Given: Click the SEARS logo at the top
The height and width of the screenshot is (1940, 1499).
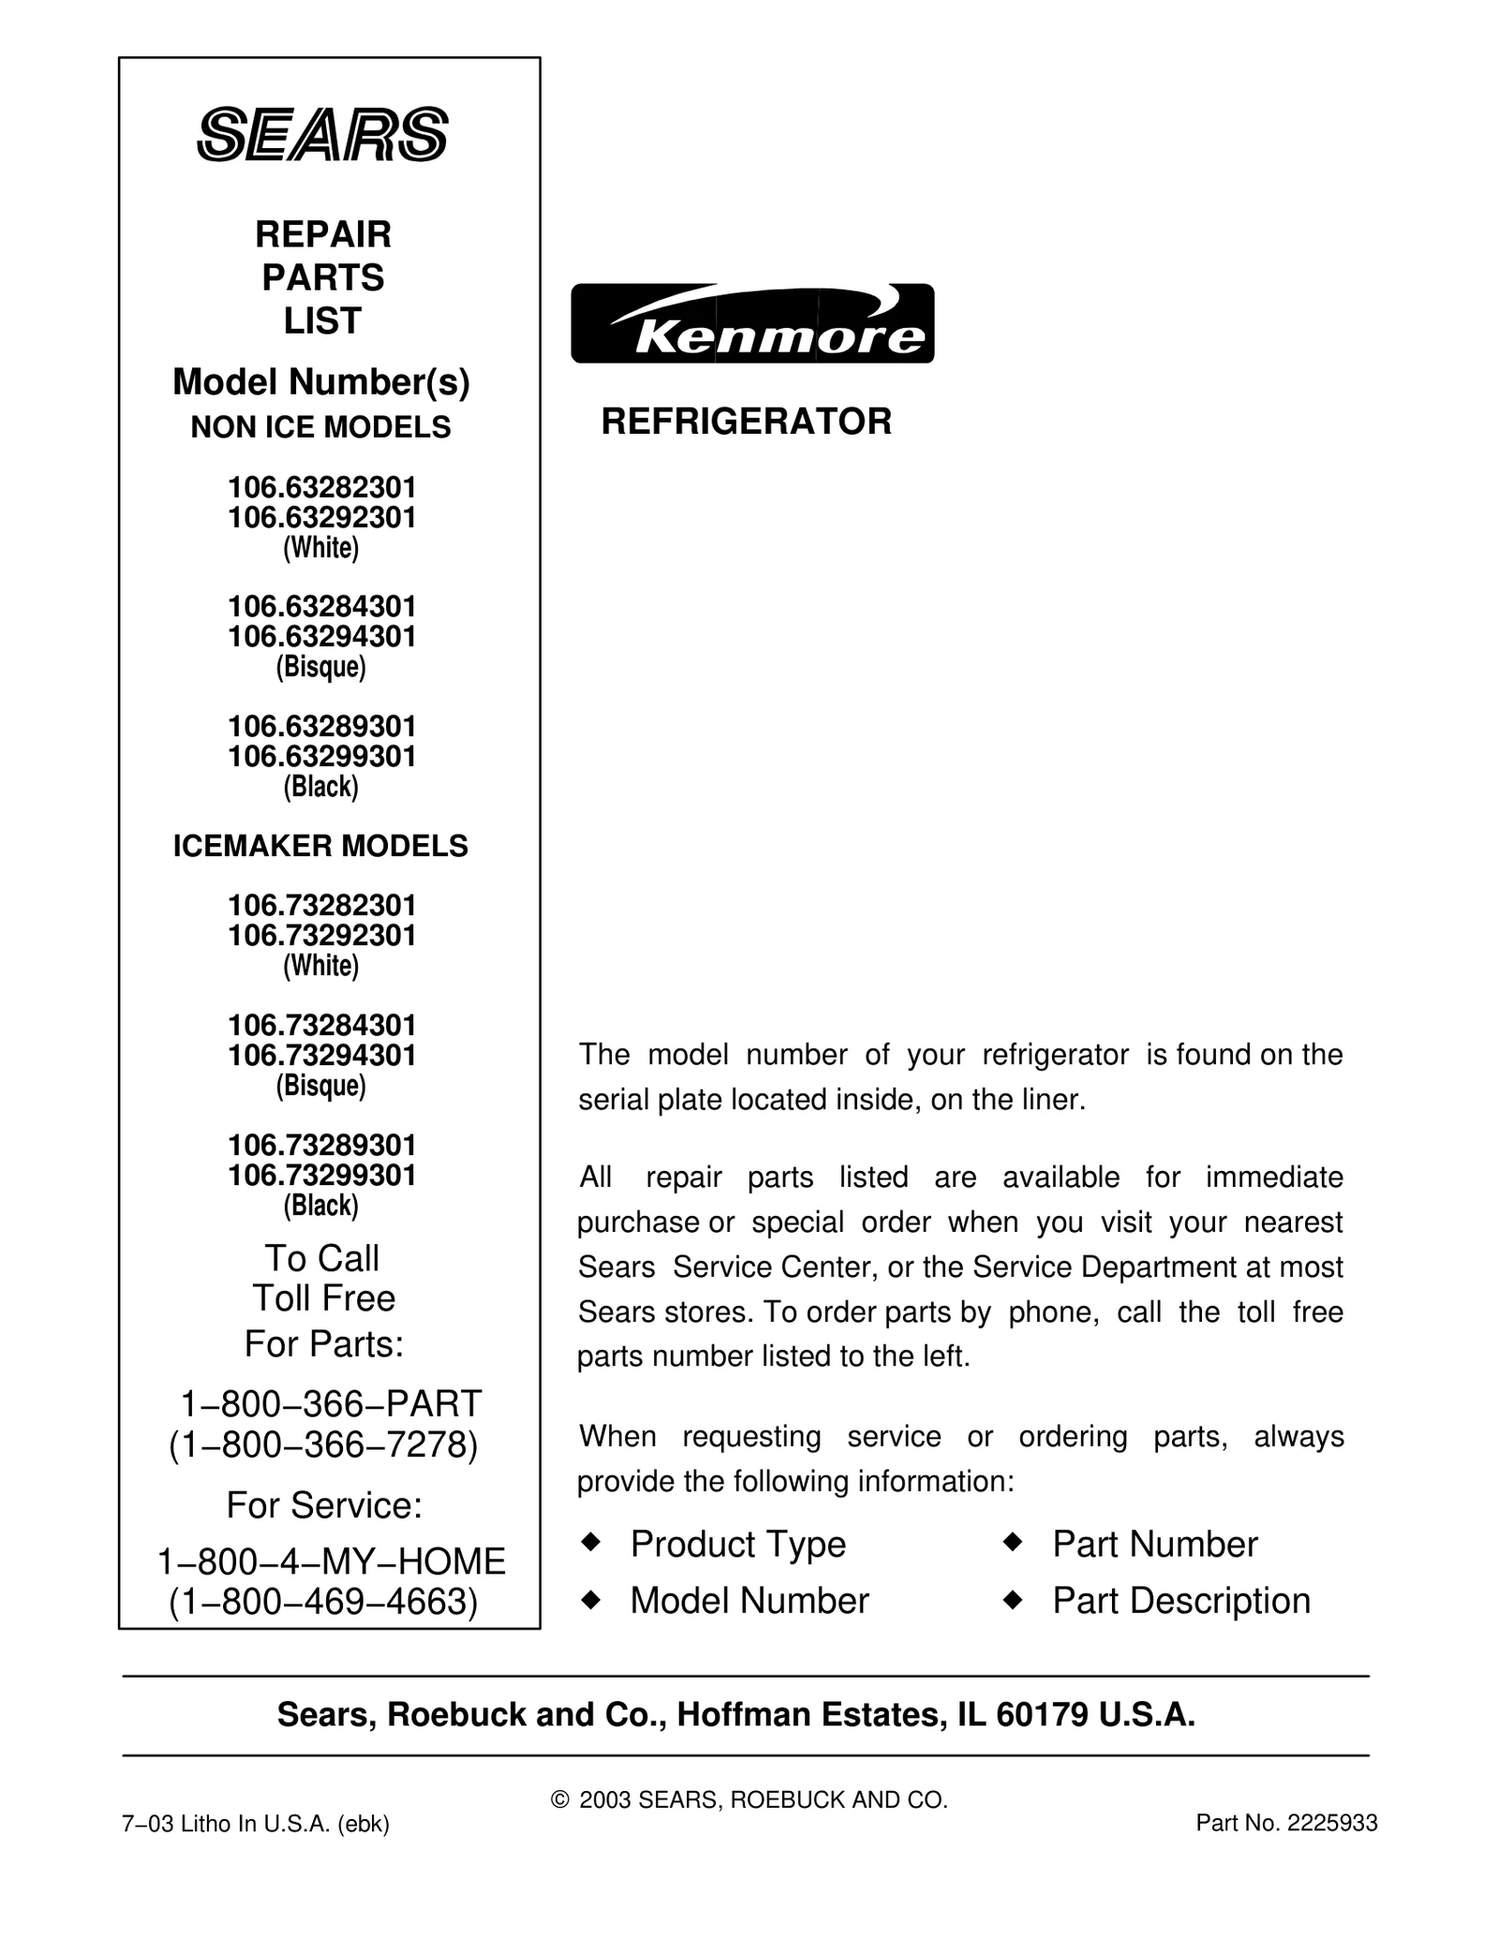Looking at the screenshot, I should [x=322, y=135].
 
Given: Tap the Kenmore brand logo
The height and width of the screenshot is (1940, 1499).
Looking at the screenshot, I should [x=752, y=323].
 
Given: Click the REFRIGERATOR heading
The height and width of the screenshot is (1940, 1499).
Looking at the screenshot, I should [x=746, y=422].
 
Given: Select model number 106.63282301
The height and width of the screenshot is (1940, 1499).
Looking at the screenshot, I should [x=322, y=488].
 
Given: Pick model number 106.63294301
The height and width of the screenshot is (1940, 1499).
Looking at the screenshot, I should [x=322, y=637].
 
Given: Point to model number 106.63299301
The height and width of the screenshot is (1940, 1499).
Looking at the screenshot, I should [x=322, y=756].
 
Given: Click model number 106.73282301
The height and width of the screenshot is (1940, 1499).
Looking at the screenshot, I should [x=322, y=906].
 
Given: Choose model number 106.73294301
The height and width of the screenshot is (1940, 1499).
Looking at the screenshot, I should [x=322, y=1056].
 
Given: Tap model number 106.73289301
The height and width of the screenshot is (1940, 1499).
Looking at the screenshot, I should [x=322, y=1145].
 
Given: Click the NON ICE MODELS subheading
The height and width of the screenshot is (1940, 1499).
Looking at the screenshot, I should [x=320, y=427].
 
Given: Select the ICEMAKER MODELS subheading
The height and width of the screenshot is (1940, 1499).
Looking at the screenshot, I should [x=320, y=846].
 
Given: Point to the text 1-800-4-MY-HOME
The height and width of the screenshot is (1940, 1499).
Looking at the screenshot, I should [x=331, y=1562].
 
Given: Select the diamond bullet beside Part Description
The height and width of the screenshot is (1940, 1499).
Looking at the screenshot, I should [x=1012, y=1600].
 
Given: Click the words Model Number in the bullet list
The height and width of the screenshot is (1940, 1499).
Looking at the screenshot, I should [x=749, y=1601].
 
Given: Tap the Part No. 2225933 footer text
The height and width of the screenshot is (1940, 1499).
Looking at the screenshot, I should [x=1286, y=1823].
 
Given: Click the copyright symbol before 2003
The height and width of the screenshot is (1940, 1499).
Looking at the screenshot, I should [x=560, y=1799].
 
